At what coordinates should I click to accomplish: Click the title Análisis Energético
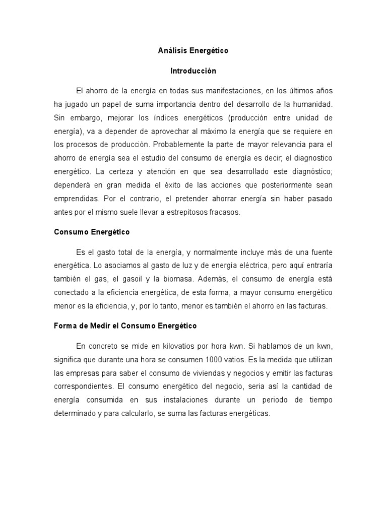point(193,51)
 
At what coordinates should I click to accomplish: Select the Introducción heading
point(193,71)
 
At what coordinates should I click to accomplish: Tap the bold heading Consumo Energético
point(92,232)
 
